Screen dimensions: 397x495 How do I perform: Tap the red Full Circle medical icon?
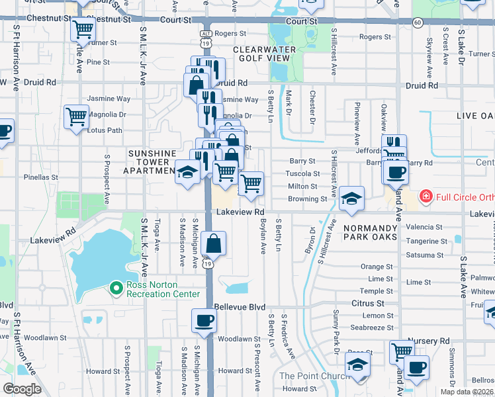tap(426, 197)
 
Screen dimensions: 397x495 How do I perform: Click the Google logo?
tap(22, 389)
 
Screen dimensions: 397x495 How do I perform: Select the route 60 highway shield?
tap(418, 22)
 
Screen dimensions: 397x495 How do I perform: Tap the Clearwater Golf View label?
tap(261, 54)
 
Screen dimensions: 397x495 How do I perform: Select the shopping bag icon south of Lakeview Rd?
tap(214, 244)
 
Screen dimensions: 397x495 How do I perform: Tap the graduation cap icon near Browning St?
tap(352, 198)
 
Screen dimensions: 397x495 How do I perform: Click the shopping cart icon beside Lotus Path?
tap(76, 117)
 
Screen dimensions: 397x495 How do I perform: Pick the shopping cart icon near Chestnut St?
tap(83, 29)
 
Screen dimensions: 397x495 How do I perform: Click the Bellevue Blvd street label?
tap(240, 308)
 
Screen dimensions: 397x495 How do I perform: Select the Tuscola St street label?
tap(302, 174)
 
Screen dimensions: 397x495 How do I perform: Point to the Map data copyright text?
tap(467, 392)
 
